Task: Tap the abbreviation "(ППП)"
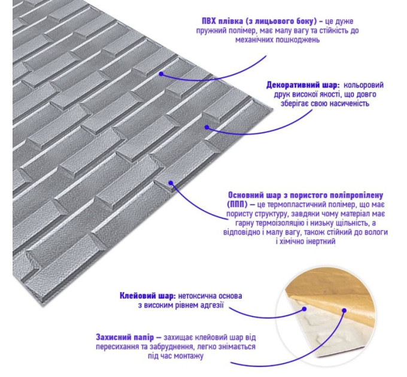point(238,205)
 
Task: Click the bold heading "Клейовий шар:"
point(148,296)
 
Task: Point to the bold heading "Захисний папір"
point(125,338)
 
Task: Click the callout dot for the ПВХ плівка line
point(161,74)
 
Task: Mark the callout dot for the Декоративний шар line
point(206,127)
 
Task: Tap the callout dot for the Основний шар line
point(171,183)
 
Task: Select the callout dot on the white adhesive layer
point(304,309)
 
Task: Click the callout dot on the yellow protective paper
point(344,311)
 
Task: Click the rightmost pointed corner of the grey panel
point(272,109)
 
